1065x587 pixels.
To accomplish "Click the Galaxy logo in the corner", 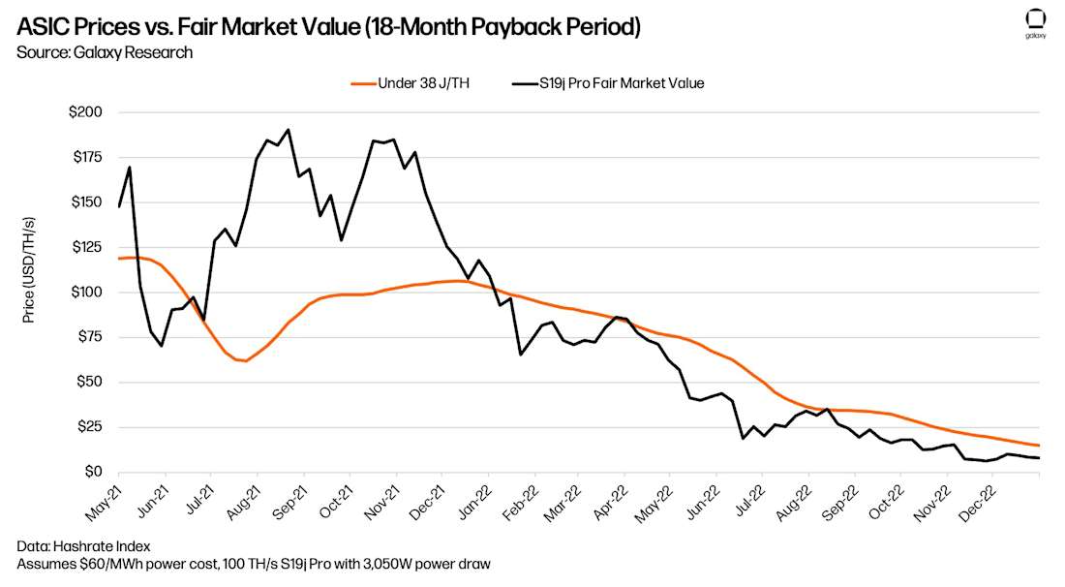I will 1035,22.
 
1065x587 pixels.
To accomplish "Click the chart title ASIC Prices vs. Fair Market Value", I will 329,26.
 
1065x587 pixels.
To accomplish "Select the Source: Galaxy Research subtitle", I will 105,52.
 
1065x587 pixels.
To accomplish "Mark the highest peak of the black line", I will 289,130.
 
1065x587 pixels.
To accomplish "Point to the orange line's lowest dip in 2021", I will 246,361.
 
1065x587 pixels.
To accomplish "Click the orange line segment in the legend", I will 362,83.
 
